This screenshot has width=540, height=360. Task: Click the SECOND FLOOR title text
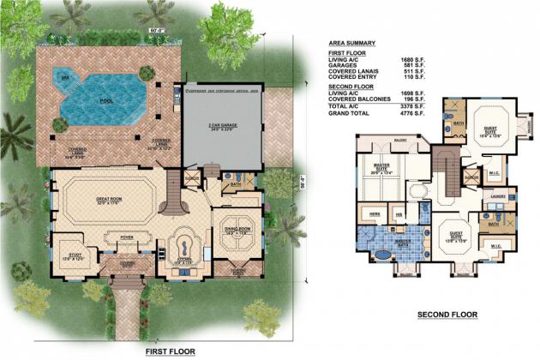pyautogui.click(x=447, y=315)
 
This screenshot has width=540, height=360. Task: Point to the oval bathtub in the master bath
pyautogui.click(x=381, y=255)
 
